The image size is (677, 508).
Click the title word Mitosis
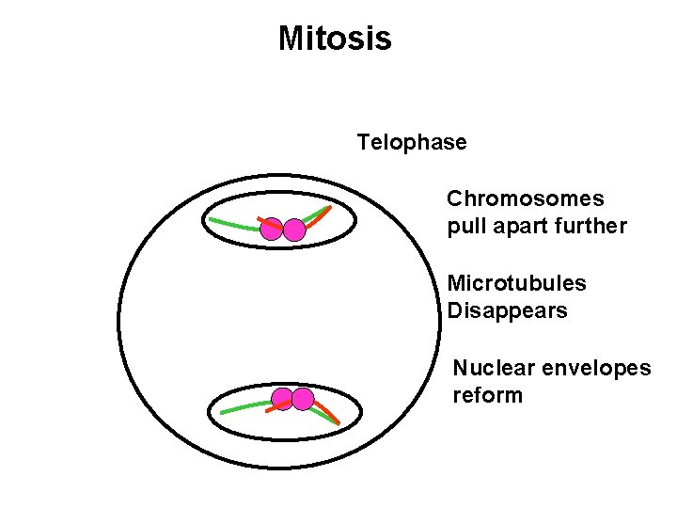pos(335,39)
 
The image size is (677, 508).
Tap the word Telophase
pos(411,142)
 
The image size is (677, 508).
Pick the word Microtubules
pos(516,283)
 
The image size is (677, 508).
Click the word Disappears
pos(507,310)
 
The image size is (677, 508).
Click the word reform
pos(487,395)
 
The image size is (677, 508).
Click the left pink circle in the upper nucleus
pos(272,229)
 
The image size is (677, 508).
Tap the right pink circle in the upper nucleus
pos(294,230)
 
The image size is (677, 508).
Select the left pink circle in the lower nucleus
pos(281,399)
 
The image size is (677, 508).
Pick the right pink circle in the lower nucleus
pos(302,399)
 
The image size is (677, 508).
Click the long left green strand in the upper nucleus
pos(230,224)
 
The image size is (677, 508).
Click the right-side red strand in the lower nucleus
pos(326,410)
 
